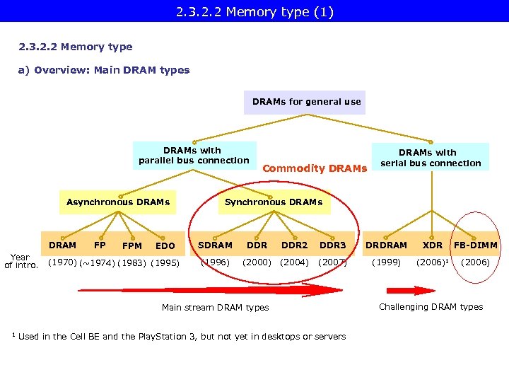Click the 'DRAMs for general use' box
click(306, 102)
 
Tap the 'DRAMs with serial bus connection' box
click(430, 158)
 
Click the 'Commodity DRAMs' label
click(315, 168)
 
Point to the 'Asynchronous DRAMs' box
click(118, 202)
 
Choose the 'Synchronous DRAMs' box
click(273, 202)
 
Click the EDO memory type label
click(165, 246)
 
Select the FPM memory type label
click(132, 246)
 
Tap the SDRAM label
click(216, 245)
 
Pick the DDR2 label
click(294, 245)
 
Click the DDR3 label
click(333, 245)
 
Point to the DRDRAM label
click(386, 245)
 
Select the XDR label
click(433, 245)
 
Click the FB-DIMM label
click(476, 245)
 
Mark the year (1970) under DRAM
click(62, 262)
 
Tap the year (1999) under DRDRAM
click(386, 262)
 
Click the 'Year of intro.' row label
click(21, 262)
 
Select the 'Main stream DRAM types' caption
click(215, 308)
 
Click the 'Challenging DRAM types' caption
click(431, 307)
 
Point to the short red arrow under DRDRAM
click(411, 290)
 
